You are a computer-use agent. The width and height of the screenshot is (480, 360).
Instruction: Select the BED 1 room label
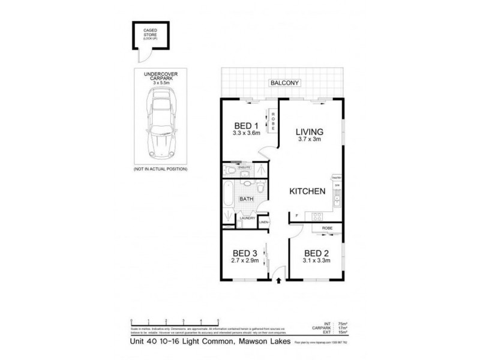coord(245,125)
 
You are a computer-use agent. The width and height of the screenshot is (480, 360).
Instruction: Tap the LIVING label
coord(310,131)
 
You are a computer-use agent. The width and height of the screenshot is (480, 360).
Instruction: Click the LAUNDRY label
coord(247,218)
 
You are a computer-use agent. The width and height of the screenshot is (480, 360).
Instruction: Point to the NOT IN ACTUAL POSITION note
coord(160,170)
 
